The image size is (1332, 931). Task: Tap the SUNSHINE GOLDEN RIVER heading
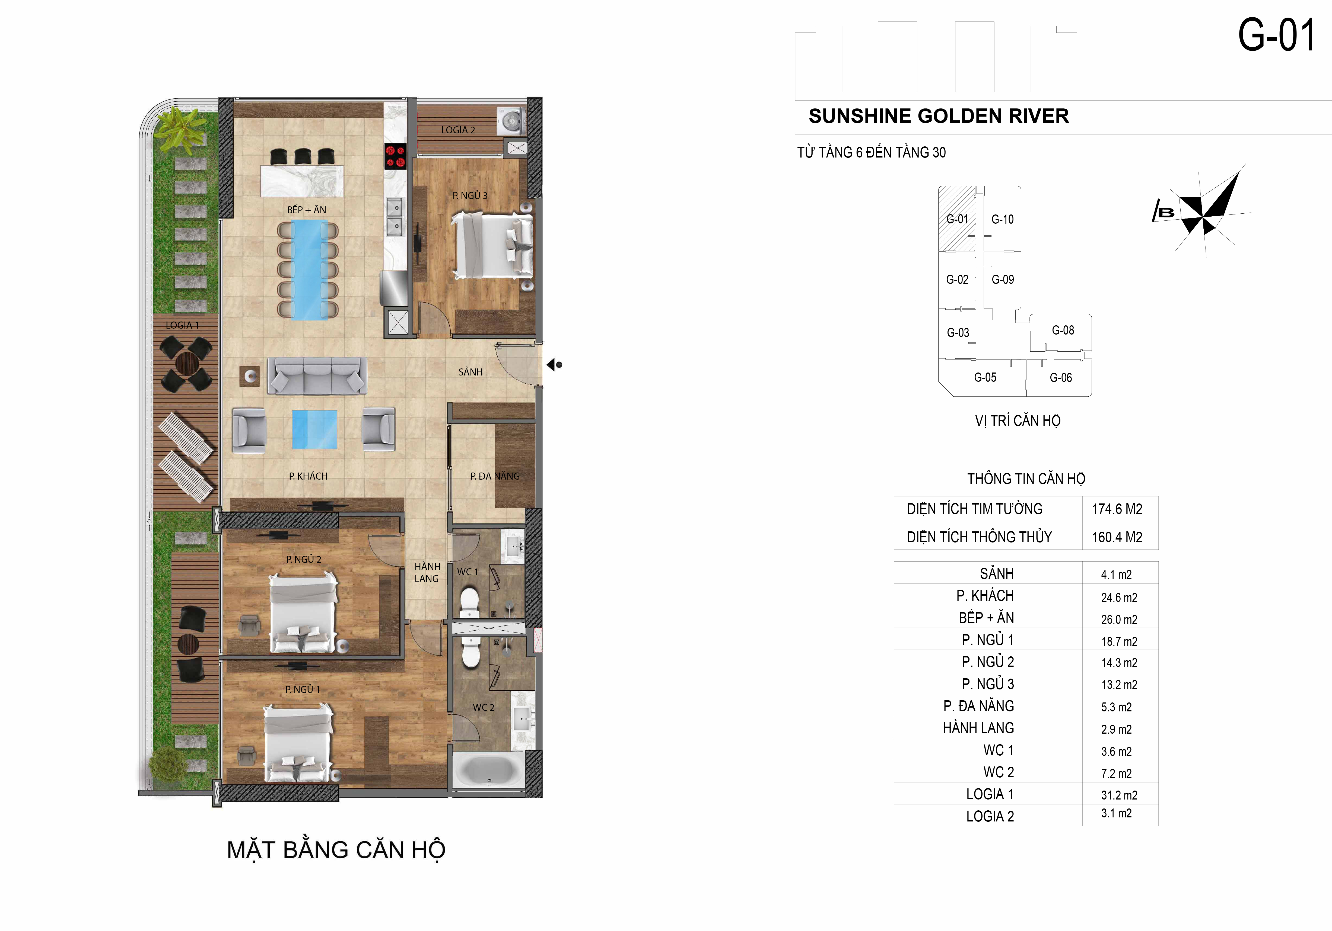(939, 116)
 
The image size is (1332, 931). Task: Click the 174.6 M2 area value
(1117, 509)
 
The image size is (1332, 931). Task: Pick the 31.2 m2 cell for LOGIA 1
(1119, 795)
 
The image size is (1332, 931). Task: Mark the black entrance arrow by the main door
(554, 365)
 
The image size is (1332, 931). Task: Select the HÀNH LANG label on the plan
(427, 572)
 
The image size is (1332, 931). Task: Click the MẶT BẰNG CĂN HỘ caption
(336, 850)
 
